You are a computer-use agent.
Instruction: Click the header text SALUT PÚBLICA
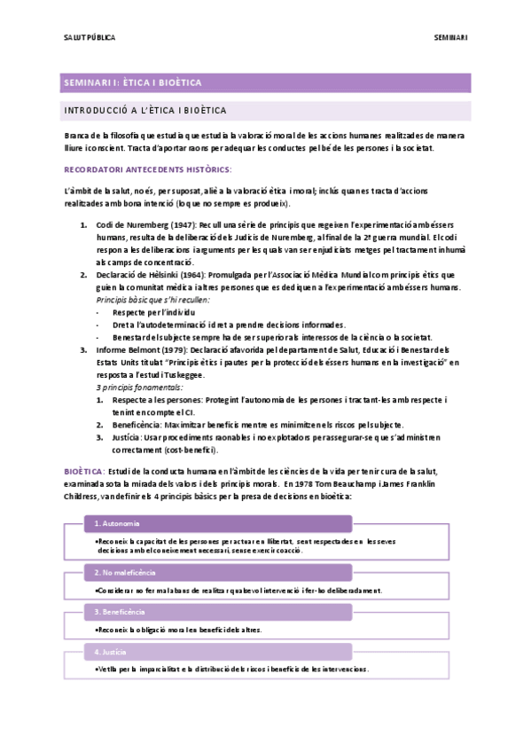point(90,38)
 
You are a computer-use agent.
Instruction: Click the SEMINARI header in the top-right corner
point(450,38)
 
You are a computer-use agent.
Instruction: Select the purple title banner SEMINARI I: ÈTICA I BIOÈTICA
point(133,82)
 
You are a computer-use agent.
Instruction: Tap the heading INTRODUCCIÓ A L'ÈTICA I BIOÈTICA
point(145,111)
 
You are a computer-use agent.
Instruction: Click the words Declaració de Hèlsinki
point(129,275)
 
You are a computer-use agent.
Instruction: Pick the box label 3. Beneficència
point(120,612)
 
